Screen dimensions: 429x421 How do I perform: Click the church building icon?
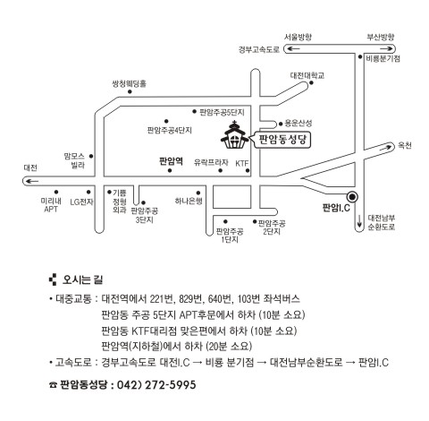[x=235, y=134]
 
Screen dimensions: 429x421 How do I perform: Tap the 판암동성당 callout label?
[x=282, y=140]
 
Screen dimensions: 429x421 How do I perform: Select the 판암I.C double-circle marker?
[x=352, y=197]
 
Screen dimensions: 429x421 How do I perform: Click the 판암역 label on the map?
[x=171, y=161]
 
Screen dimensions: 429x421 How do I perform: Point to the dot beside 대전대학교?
[x=311, y=82]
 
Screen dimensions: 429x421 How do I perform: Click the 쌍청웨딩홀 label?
[x=130, y=83]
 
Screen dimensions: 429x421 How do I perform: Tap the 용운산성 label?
[x=299, y=123]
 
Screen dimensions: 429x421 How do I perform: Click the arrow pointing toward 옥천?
[x=386, y=147]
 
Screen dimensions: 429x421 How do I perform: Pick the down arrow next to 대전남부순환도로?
[x=359, y=220]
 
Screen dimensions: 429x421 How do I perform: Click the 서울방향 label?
[x=298, y=37]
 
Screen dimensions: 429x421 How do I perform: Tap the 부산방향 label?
[x=381, y=37]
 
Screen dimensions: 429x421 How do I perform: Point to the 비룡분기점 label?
[x=383, y=58]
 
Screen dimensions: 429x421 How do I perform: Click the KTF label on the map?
[x=241, y=163]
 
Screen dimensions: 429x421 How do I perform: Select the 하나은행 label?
[x=189, y=201]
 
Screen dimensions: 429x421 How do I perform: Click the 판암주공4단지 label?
[x=170, y=131]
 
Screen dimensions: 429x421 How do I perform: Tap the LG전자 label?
[x=81, y=202]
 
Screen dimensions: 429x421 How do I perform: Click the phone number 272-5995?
[x=171, y=384]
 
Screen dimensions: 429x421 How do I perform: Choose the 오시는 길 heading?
[x=82, y=279]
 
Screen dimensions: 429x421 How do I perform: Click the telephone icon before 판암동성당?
[x=53, y=385]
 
